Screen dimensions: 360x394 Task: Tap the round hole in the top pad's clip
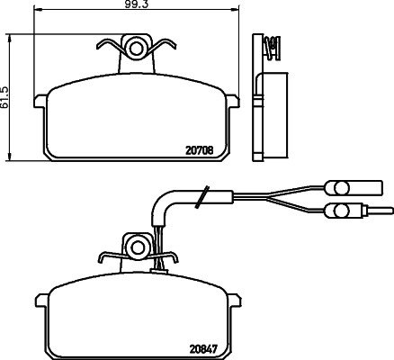(136, 45)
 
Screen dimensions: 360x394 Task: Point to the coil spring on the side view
(267, 44)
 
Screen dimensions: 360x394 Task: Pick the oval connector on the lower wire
(340, 211)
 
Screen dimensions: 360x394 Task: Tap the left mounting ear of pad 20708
(40, 102)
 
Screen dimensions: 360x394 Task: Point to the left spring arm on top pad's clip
(106, 44)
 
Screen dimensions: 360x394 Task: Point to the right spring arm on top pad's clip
(166, 44)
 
